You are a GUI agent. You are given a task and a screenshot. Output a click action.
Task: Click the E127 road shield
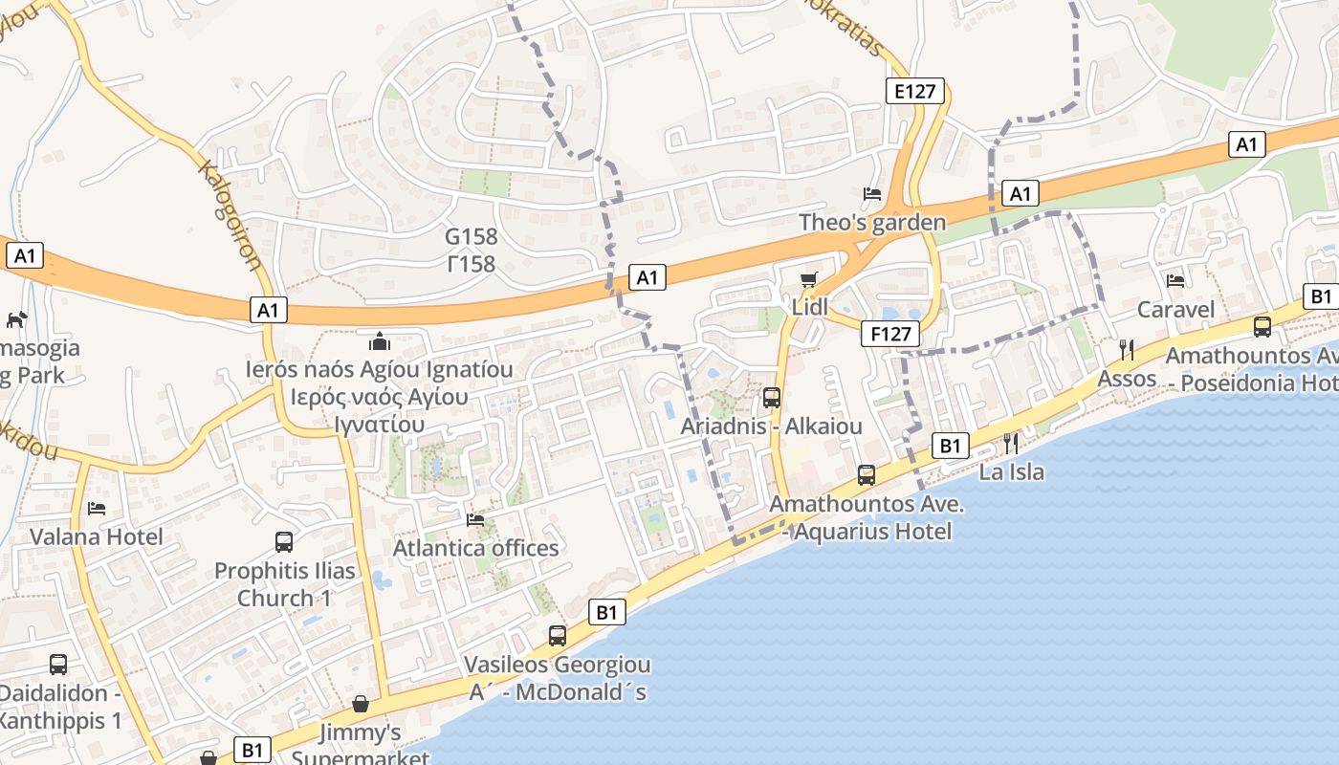tap(914, 91)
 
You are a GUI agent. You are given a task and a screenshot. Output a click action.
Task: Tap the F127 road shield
tap(890, 334)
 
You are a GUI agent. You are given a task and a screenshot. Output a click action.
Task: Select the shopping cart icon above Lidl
tap(809, 279)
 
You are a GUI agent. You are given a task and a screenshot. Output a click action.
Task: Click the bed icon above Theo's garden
tap(872, 194)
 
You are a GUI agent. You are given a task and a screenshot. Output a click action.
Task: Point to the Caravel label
tap(1175, 309)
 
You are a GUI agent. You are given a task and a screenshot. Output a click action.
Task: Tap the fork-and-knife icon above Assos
tap(1127, 350)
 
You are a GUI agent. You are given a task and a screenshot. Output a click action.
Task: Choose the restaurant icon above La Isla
tap(1010, 443)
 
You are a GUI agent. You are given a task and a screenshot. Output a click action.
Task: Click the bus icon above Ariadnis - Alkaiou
tap(771, 397)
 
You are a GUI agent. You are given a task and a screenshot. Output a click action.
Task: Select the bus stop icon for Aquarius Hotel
tap(867, 475)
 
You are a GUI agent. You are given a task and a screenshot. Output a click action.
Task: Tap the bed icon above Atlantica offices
tap(475, 520)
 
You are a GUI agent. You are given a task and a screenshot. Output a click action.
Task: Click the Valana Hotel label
tap(97, 536)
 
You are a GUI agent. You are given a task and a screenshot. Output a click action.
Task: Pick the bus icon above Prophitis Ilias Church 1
tap(284, 542)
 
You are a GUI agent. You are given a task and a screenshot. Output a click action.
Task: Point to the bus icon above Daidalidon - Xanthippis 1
tap(58, 665)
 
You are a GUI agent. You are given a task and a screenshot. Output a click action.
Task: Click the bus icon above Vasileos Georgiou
tap(557, 636)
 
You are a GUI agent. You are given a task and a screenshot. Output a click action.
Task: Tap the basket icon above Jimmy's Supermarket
tap(361, 704)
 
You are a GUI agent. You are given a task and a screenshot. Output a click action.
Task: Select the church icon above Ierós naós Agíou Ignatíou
tap(380, 341)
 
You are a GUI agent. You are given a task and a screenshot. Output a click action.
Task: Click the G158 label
tap(471, 235)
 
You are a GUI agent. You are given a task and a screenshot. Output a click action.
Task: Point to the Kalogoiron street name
tap(230, 215)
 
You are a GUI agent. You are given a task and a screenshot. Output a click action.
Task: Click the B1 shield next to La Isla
tap(950, 445)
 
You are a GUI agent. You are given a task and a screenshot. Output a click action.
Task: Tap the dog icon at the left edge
tap(16, 319)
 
